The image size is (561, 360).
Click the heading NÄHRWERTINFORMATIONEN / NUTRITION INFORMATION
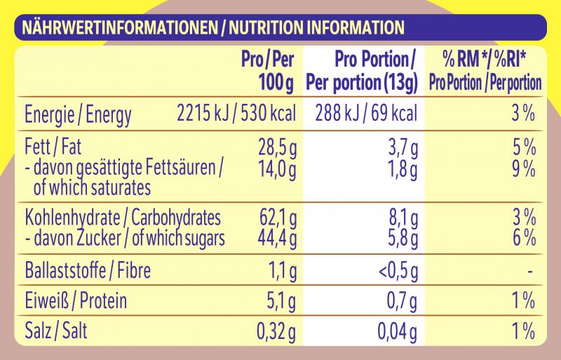(213, 28)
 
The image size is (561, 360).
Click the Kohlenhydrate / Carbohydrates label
(123, 217)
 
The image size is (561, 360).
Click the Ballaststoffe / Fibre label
(88, 270)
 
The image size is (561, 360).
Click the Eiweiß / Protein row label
(76, 302)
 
